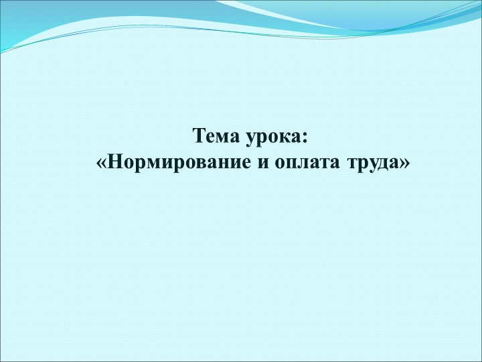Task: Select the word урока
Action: pyautogui.click(x=272, y=137)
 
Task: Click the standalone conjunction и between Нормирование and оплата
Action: pyautogui.click(x=263, y=164)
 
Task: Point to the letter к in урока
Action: pyautogui.click(x=285, y=137)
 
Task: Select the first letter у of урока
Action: pyautogui.click(x=250, y=139)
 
